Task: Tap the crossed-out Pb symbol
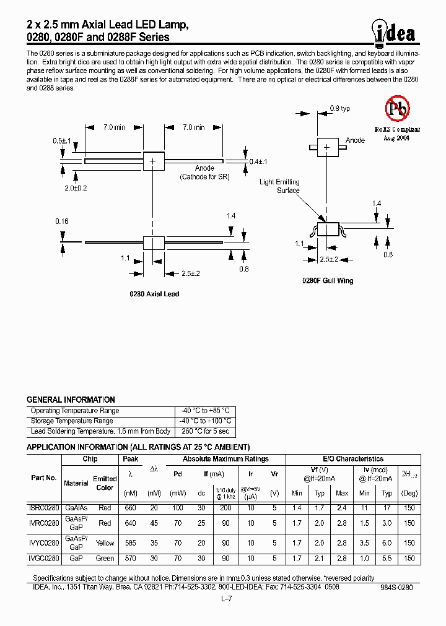point(396,109)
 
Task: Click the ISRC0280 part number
point(44,508)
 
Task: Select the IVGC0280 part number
point(44,559)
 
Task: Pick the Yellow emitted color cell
point(105,542)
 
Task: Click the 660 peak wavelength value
point(130,508)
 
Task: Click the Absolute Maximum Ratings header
point(225,459)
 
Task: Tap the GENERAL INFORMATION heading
point(71,400)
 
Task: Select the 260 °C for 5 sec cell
point(204,431)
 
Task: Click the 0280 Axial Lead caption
point(154,294)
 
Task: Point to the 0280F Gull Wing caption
point(328,281)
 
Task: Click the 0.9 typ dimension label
point(339,109)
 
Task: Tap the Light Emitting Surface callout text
point(279,186)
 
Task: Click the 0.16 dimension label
point(61,221)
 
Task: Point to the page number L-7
point(225,599)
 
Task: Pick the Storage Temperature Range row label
point(72,421)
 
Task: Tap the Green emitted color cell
point(105,559)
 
